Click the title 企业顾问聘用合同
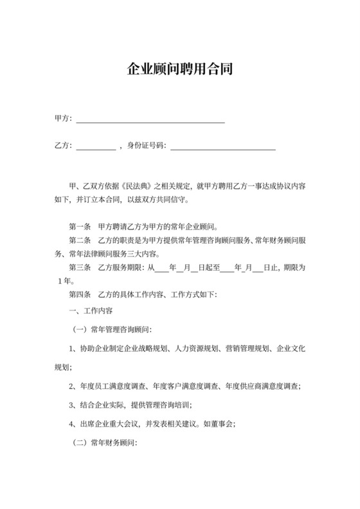pos(180,69)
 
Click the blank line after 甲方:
pos(150,120)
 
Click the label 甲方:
pos(62,119)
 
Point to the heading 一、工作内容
pos(91,310)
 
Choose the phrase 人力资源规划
pos(196,349)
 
